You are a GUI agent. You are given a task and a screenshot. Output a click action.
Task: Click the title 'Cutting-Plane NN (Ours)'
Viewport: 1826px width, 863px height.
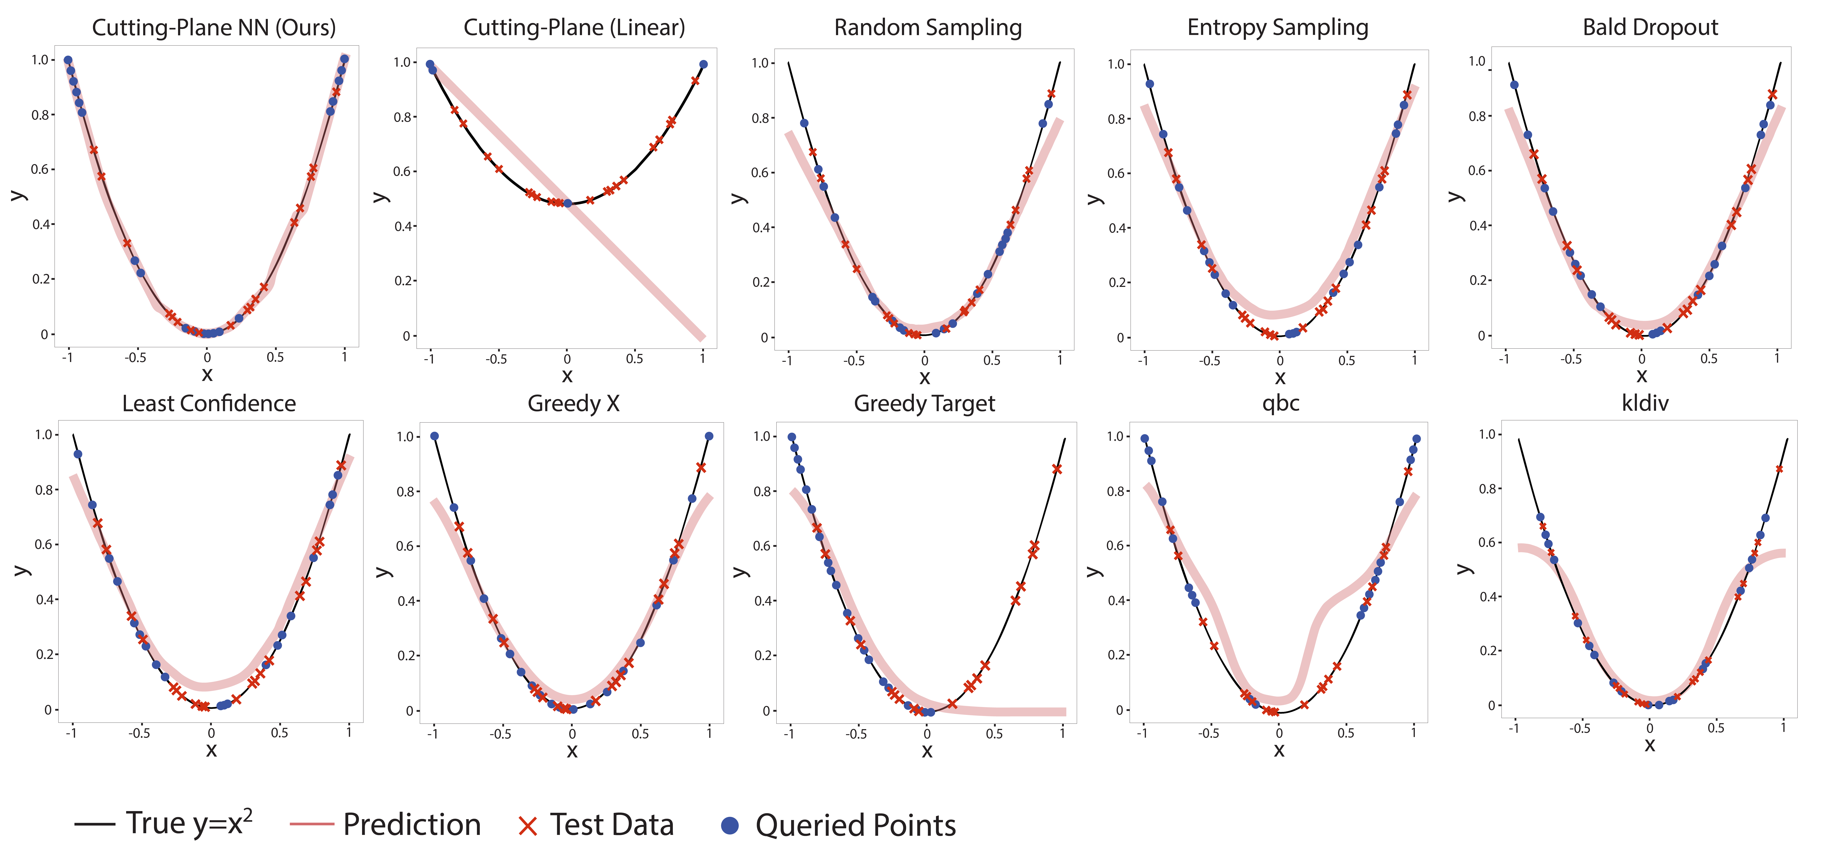(x=213, y=28)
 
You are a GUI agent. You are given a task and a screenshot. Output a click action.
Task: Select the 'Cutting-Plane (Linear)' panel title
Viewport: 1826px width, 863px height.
(x=574, y=28)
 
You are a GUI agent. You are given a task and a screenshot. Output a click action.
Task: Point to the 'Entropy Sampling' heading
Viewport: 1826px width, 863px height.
(x=1277, y=28)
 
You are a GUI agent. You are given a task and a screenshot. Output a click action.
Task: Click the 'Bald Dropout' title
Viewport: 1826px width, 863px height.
(x=1650, y=28)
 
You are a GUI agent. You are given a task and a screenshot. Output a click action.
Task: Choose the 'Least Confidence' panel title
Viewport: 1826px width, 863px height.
(x=209, y=404)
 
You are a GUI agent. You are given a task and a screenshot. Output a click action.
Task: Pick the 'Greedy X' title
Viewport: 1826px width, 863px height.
(x=573, y=404)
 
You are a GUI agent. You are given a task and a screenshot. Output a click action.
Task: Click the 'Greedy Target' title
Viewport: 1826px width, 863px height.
(x=924, y=404)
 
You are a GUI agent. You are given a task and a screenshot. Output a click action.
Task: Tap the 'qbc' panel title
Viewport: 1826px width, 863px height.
(x=1280, y=404)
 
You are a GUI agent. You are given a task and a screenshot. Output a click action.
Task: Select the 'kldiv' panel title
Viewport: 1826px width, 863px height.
(x=1645, y=404)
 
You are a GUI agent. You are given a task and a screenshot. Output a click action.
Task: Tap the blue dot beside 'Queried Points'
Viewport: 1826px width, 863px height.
(x=729, y=825)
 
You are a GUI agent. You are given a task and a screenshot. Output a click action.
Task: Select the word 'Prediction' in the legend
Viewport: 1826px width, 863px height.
(x=412, y=825)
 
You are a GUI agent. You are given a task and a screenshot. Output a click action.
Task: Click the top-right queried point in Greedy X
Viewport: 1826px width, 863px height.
(x=709, y=436)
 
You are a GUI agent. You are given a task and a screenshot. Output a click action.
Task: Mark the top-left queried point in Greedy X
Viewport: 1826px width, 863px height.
(x=435, y=436)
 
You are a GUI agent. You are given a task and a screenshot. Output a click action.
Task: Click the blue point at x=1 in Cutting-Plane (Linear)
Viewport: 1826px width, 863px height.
(x=703, y=64)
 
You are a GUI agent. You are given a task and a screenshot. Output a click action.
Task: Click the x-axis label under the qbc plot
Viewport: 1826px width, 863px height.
(x=1279, y=750)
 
